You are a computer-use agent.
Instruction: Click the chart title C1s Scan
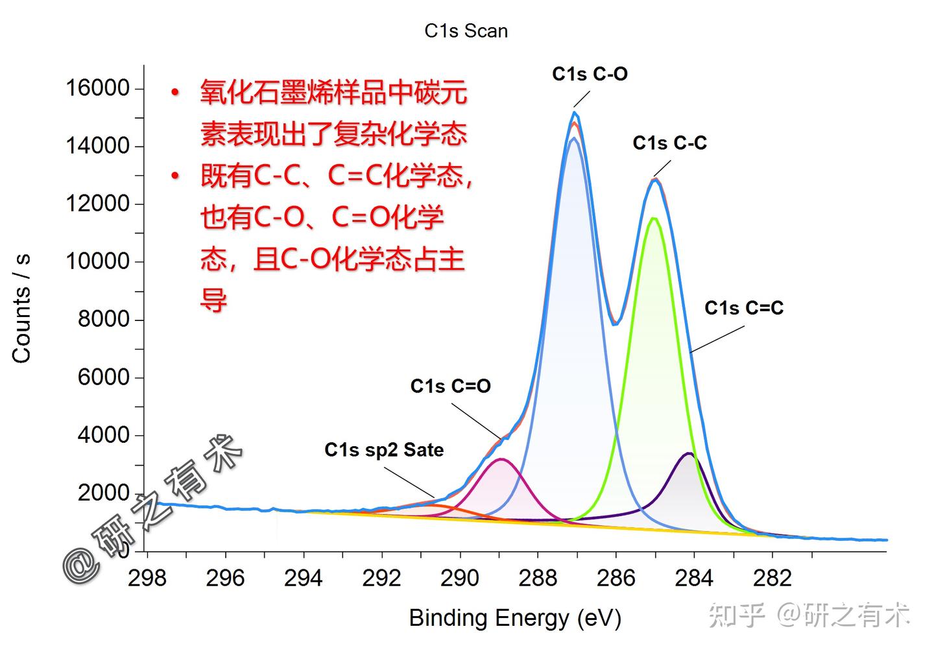tap(466, 31)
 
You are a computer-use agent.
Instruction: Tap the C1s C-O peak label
tap(590, 74)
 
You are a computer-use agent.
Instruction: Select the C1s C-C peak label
tap(669, 143)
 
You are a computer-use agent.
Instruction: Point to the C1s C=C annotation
tap(744, 307)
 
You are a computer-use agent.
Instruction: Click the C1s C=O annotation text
tap(450, 386)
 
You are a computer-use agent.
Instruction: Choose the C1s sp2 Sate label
tap(384, 449)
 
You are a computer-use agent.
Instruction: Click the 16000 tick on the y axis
tap(97, 88)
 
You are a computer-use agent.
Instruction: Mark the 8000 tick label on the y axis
tap(103, 319)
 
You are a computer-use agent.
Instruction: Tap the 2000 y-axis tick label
tap(103, 493)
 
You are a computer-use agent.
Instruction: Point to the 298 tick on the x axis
tap(147, 577)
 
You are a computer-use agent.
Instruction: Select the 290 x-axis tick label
tap(460, 577)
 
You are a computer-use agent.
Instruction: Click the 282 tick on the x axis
tap(772, 577)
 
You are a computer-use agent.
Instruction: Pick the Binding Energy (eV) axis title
tap(515, 618)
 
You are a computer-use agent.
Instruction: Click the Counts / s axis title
tap(21, 308)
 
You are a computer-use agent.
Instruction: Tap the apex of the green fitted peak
tap(654, 219)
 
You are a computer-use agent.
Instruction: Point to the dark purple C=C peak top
tap(689, 453)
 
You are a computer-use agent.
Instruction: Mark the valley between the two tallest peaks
tap(616, 323)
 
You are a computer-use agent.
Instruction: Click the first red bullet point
tap(174, 93)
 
